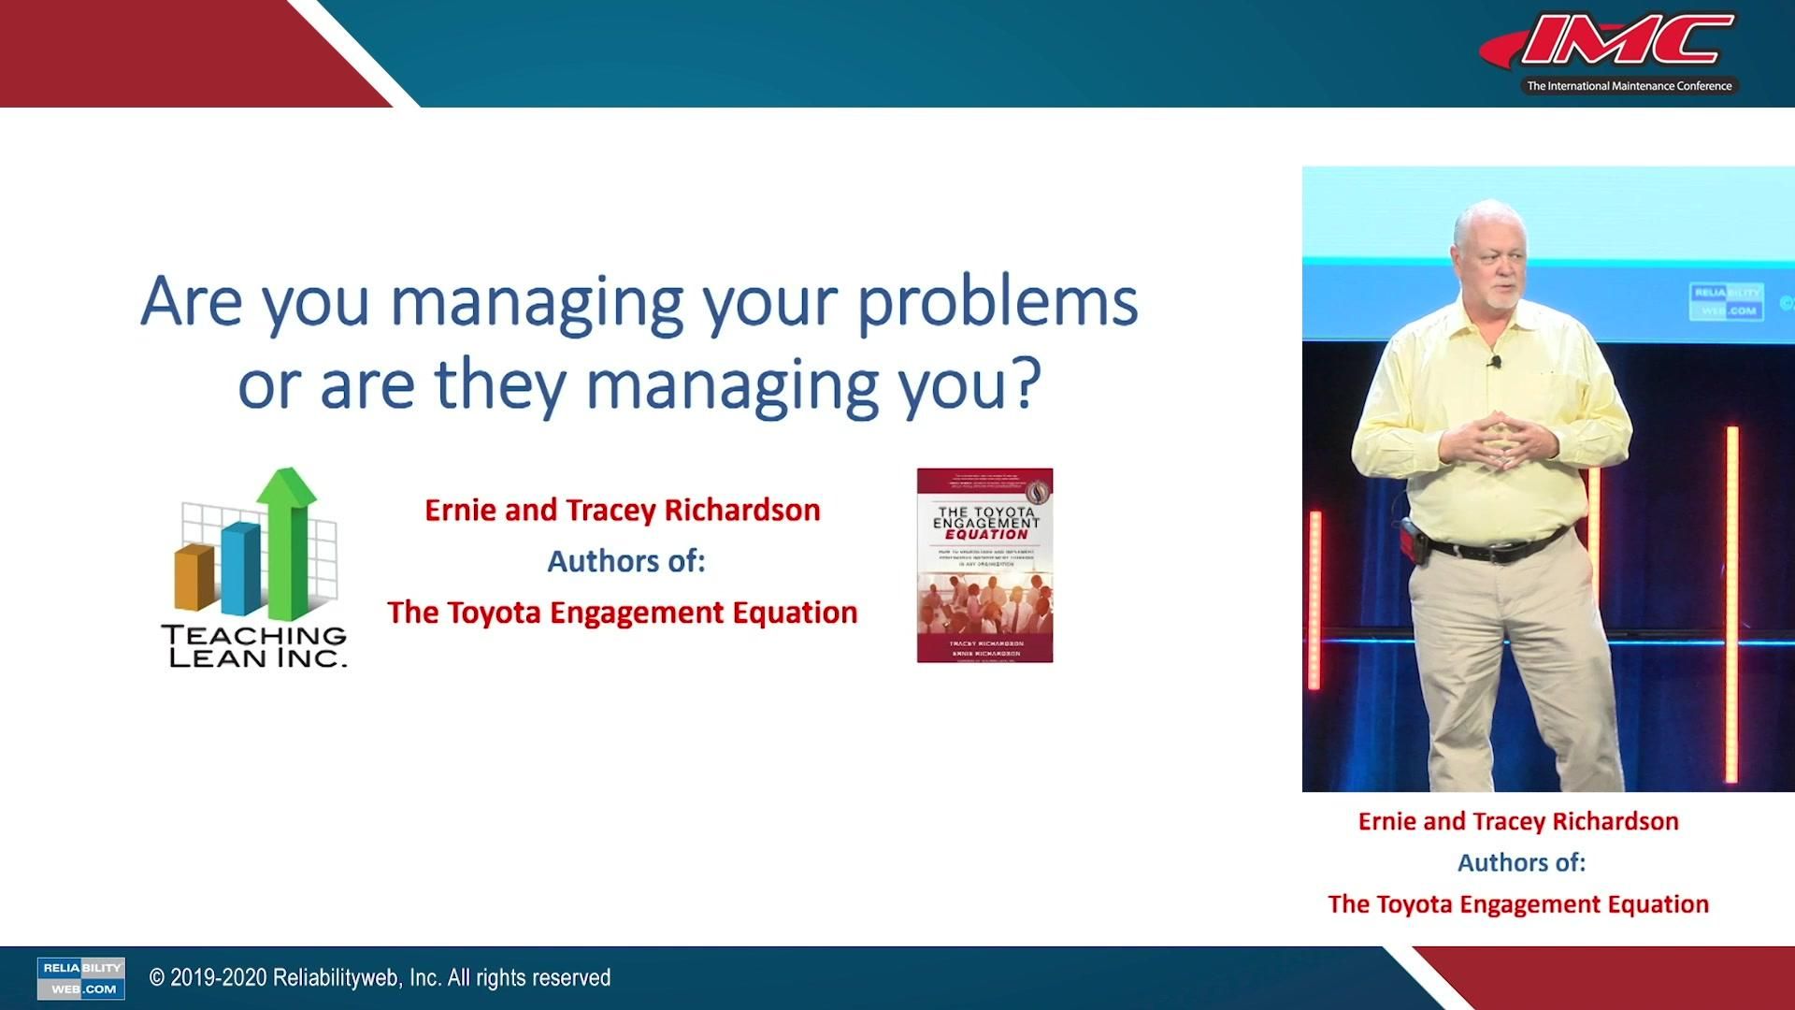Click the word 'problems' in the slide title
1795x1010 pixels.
click(x=997, y=303)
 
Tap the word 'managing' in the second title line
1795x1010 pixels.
click(x=731, y=385)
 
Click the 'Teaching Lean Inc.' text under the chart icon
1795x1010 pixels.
click(x=254, y=646)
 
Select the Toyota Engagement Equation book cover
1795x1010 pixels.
click(x=984, y=566)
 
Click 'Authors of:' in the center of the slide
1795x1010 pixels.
click(x=625, y=561)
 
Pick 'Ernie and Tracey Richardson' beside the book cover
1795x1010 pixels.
click(x=622, y=511)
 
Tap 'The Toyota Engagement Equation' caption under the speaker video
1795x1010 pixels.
click(x=1517, y=904)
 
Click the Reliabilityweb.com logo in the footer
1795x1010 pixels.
click(x=81, y=977)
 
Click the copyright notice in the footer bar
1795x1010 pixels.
click(x=380, y=977)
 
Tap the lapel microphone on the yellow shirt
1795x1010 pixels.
click(x=1496, y=362)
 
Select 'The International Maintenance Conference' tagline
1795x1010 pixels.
click(x=1629, y=86)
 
